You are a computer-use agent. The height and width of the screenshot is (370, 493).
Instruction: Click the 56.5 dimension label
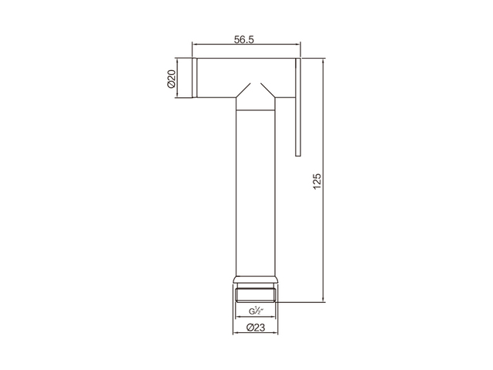click(x=244, y=39)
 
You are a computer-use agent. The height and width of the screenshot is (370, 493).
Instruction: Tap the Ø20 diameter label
click(x=171, y=79)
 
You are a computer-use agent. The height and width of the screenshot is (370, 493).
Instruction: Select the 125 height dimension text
click(x=317, y=181)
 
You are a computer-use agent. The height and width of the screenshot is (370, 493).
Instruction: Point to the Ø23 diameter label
click(x=256, y=328)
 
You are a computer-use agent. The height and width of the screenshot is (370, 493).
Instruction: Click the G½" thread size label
click(x=256, y=311)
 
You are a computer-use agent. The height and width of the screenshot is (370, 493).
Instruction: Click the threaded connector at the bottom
click(x=256, y=293)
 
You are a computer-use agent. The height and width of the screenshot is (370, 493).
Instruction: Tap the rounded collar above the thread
click(x=256, y=280)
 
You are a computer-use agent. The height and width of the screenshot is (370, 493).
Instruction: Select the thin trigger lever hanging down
click(x=298, y=107)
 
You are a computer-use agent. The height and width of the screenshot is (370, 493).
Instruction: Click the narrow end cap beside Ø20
click(x=195, y=78)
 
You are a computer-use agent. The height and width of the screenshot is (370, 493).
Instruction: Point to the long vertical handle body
click(x=256, y=193)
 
